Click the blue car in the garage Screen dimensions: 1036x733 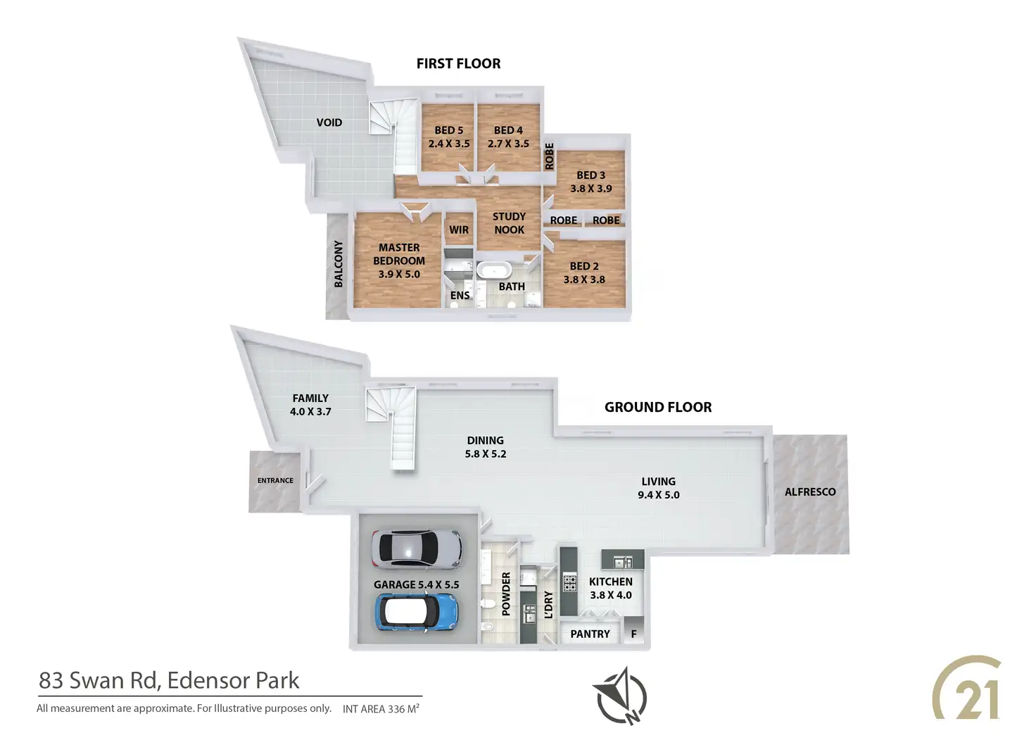(x=416, y=611)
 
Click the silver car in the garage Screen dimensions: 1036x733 (x=417, y=548)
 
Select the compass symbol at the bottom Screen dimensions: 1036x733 (x=620, y=696)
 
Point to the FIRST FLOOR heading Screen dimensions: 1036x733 (x=458, y=63)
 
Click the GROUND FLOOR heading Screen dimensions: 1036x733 (x=658, y=407)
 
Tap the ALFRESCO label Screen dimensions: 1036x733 (x=810, y=491)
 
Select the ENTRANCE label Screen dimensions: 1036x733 (x=275, y=480)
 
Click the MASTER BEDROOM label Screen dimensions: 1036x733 (x=399, y=254)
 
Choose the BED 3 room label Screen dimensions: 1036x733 (x=590, y=175)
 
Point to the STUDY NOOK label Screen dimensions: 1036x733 (x=509, y=223)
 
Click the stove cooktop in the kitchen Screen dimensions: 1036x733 (x=569, y=583)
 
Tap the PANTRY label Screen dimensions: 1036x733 (x=590, y=634)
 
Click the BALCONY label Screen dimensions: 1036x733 (x=339, y=263)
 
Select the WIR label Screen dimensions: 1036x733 (x=459, y=230)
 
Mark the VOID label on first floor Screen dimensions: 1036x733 (x=329, y=123)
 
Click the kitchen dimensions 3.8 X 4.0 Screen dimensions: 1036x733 (x=611, y=595)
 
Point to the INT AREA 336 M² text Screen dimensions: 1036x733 (x=381, y=708)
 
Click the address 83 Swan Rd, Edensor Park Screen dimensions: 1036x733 (x=169, y=680)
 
